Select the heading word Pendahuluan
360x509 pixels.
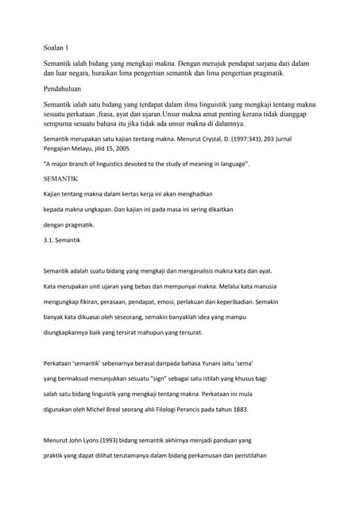coord(68,90)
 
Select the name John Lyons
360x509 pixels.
coord(85,440)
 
